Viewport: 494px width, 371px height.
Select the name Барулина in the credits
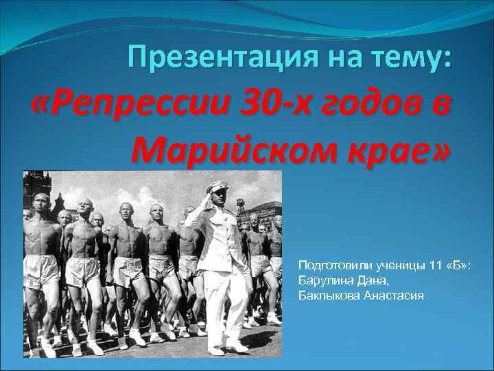(x=322, y=280)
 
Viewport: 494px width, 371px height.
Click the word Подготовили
(x=329, y=265)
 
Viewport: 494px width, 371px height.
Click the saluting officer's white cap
(x=219, y=185)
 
